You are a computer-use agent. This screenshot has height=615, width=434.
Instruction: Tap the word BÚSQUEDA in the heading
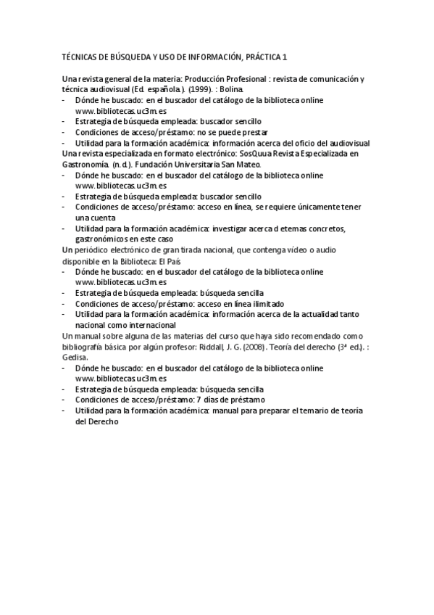coord(124,56)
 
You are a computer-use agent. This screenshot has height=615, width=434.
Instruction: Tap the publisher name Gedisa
coord(75,357)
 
